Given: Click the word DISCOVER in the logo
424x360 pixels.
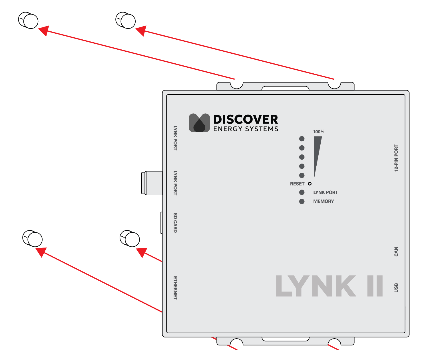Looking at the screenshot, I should pos(246,120).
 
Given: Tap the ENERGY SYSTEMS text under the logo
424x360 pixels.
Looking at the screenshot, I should pos(246,129).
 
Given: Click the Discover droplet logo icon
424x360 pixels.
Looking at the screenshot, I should pos(199,123).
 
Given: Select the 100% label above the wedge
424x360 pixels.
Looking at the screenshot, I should pos(319,132).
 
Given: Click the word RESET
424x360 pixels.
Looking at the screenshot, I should pos(297,184).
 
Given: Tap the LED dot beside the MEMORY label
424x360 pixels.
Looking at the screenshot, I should pos(302,202).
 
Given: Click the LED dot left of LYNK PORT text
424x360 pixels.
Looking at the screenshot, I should pos(302,192).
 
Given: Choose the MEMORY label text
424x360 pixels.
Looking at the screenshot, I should pos(323,201).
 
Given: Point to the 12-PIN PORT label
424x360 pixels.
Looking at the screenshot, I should pos(396,158).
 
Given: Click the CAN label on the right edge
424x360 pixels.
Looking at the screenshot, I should pos(396,252).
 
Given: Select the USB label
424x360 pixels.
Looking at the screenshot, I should pos(396,288).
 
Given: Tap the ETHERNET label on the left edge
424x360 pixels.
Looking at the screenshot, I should pos(175,288).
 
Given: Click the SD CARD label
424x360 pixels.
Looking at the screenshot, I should pos(175,223).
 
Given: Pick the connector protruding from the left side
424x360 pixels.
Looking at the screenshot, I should pos(152,183).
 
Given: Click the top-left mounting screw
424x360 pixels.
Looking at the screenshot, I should pos(29,21).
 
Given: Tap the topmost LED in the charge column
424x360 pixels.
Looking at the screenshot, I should pos(302,139).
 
